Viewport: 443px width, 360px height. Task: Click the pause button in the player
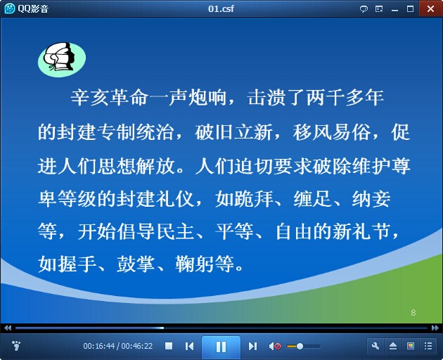221,347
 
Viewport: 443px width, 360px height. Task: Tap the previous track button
189,346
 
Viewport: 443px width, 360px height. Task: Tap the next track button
252,346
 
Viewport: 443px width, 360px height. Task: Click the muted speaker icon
275,346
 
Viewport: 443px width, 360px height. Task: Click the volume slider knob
300,346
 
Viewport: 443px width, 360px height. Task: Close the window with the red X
430,8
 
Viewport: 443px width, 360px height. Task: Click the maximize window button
410,8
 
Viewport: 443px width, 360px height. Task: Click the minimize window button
394,10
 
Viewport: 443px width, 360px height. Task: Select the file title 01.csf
221,8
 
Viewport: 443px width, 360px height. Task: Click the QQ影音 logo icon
9,8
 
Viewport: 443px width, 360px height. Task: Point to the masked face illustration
62,59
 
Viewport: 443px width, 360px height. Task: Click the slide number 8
413,312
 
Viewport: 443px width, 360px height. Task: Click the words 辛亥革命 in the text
109,98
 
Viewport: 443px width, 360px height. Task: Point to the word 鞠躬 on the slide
194,264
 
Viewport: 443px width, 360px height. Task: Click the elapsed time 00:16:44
99,346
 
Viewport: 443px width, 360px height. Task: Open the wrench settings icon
375,346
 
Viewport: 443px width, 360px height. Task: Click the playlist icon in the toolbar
428,346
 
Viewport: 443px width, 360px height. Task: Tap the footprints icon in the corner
16,345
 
